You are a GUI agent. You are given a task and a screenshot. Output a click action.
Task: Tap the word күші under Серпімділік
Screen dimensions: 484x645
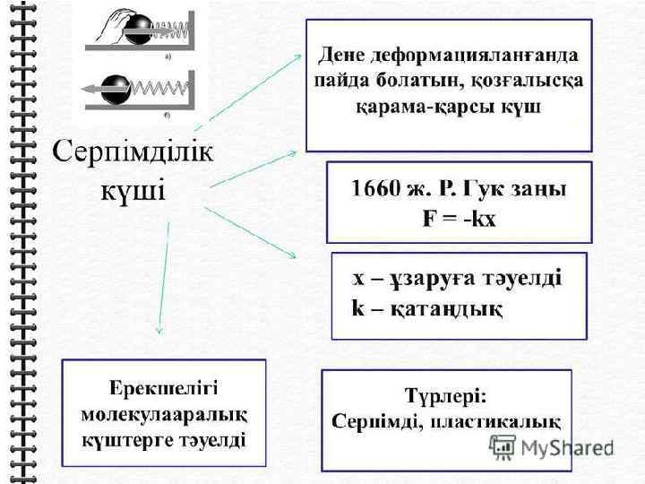133,191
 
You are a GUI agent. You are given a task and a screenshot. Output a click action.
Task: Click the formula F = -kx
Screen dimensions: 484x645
459,219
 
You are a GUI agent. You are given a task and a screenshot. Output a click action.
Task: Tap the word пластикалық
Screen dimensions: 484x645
505,420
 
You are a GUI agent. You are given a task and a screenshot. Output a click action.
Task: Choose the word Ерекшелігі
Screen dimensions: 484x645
163,389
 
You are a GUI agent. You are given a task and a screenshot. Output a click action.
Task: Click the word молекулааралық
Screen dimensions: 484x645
164,415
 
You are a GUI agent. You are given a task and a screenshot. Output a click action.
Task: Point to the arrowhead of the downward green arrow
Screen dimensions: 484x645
159,330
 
